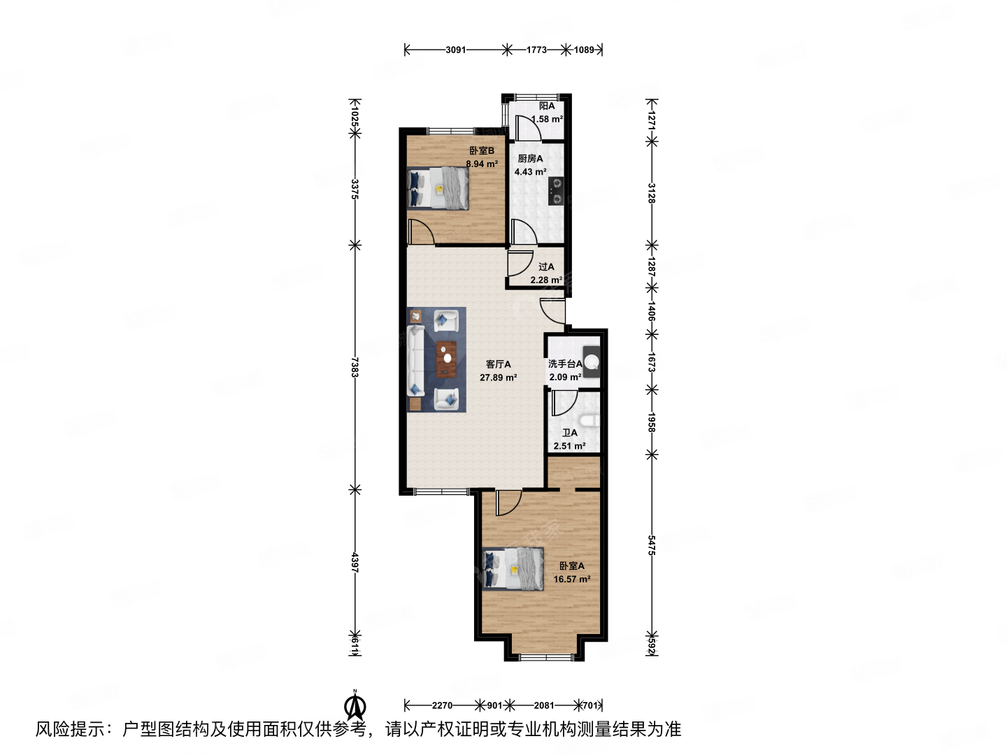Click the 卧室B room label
pyautogui.click(x=481, y=150)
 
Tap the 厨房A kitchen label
pyautogui.click(x=530, y=159)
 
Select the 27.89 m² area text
pyautogui.click(x=498, y=377)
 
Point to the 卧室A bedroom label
pyautogui.click(x=571, y=566)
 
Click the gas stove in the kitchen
pyautogui.click(x=557, y=191)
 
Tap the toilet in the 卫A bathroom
pyautogui.click(x=589, y=420)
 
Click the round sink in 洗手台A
pyautogui.click(x=592, y=361)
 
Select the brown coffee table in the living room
pyautogui.click(x=446, y=359)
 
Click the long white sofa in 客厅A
pyautogui.click(x=416, y=360)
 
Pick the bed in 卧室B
pyautogui.click(x=438, y=188)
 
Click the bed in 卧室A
pyautogui.click(x=513, y=569)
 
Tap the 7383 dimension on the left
pyautogui.click(x=354, y=368)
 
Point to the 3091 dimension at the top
pyautogui.click(x=455, y=50)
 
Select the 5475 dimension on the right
pyautogui.click(x=652, y=545)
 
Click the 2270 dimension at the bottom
pyautogui.click(x=442, y=705)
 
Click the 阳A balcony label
pyautogui.click(x=546, y=106)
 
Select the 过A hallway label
pyautogui.click(x=546, y=267)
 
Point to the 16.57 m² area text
pyautogui.click(x=571, y=579)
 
